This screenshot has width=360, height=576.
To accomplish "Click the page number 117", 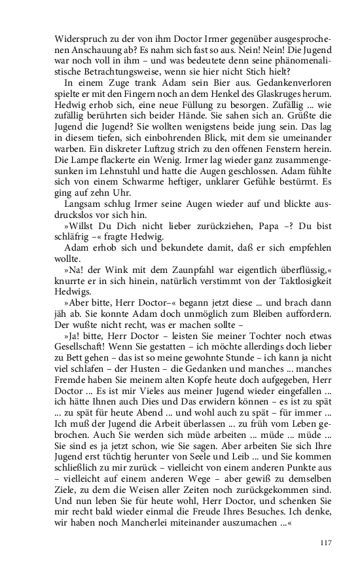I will coord(328,541).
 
